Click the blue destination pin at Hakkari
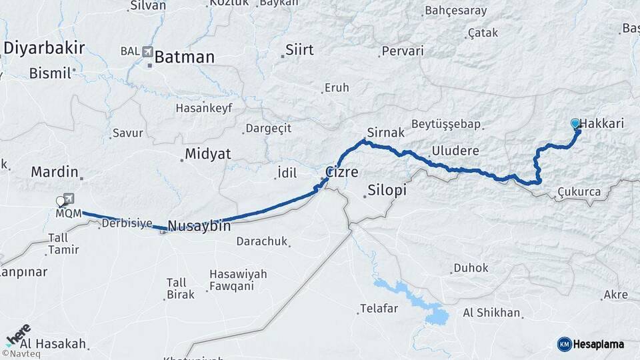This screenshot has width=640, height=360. pyautogui.click(x=575, y=124)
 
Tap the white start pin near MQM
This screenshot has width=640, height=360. pyautogui.click(x=61, y=200)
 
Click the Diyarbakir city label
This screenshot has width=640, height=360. pyautogui.click(x=44, y=47)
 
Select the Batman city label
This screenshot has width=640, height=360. pyautogui.click(x=184, y=57)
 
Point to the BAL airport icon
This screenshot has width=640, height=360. pyautogui.click(x=147, y=51)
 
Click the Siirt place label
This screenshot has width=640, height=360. pyautogui.click(x=299, y=50)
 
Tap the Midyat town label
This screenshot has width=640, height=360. pyautogui.click(x=207, y=154)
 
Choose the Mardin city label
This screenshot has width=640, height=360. pyautogui.click(x=55, y=171)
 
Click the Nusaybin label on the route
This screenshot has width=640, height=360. pyautogui.click(x=199, y=226)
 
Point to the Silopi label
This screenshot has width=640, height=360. pyautogui.click(x=387, y=191)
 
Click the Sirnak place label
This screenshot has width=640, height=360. pyautogui.click(x=386, y=133)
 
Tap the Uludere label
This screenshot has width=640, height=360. pyautogui.click(x=455, y=150)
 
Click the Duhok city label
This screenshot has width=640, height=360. pyautogui.click(x=471, y=268)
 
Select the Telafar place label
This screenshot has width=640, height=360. pyautogui.click(x=379, y=308)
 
